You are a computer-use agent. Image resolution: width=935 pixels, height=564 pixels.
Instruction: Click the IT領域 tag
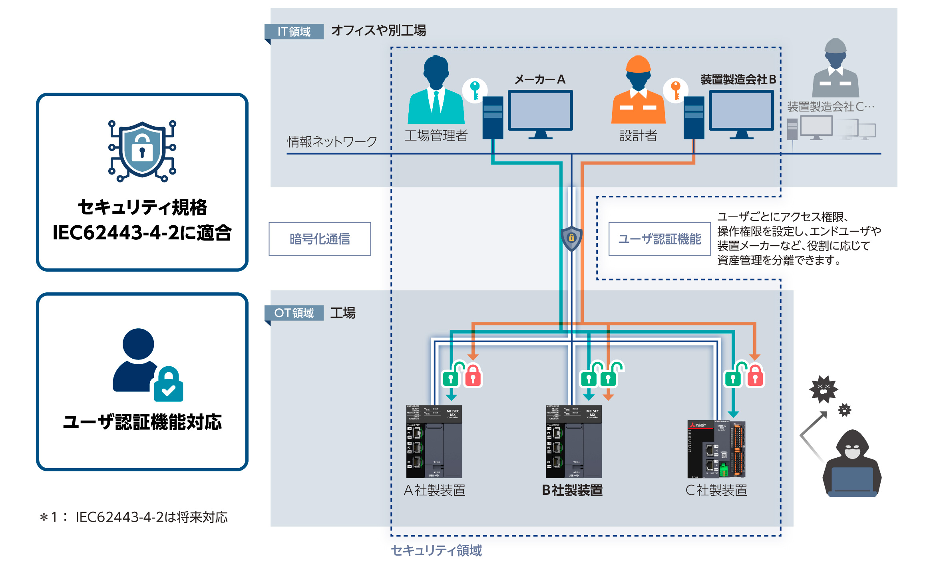(x=294, y=32)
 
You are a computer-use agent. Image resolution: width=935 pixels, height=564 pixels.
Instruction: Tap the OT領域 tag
(x=294, y=313)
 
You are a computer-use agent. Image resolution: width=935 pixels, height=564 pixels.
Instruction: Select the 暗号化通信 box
(x=320, y=239)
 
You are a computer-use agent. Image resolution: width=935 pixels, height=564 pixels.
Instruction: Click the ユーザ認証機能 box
(x=659, y=239)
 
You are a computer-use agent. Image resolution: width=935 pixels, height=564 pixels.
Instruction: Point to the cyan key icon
(x=475, y=90)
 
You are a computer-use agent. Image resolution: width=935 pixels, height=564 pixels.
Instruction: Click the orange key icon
(x=676, y=90)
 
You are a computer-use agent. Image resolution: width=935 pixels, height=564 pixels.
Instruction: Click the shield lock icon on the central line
(x=571, y=238)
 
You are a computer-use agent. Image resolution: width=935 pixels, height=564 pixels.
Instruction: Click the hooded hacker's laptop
(x=852, y=481)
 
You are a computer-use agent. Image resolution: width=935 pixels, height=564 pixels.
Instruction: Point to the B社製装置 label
(x=572, y=490)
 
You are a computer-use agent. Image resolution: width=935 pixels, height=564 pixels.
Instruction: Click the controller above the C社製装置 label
(x=716, y=449)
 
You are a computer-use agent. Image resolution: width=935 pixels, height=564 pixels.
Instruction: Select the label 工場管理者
(x=436, y=136)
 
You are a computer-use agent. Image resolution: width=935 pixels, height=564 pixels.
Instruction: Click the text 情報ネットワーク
(x=332, y=141)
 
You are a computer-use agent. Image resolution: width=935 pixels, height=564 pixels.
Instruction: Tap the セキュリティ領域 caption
(x=436, y=550)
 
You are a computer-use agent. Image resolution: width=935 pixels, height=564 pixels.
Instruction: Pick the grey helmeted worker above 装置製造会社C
(x=836, y=68)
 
